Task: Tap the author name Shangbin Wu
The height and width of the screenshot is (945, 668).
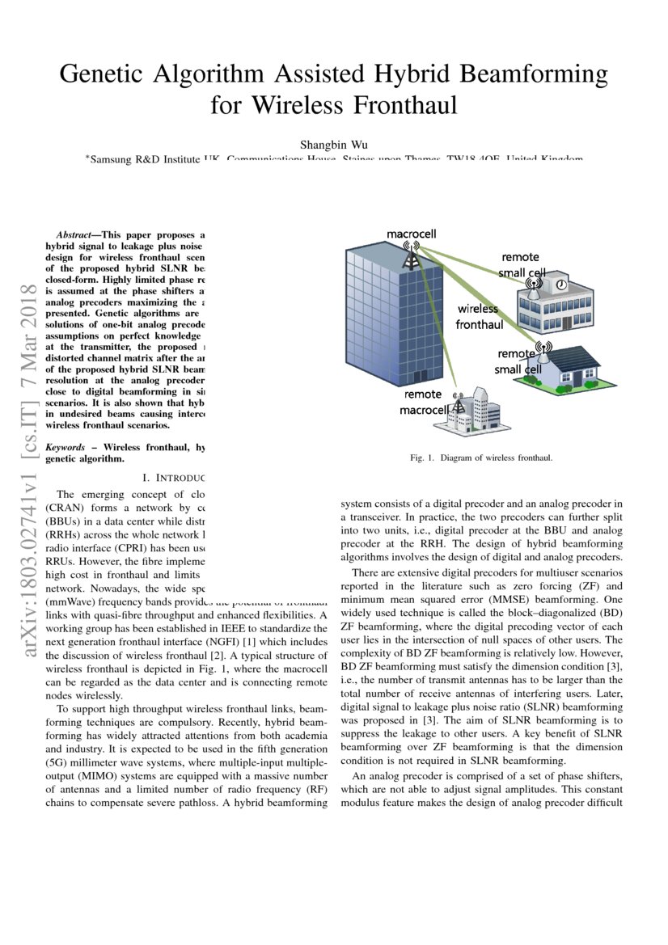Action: [x=333, y=145]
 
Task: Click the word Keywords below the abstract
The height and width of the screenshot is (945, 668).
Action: [x=66, y=446]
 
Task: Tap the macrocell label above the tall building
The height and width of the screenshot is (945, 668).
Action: [x=411, y=234]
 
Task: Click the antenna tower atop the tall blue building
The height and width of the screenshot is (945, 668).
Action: [x=412, y=257]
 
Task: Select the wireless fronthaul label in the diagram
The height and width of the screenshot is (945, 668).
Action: [x=478, y=316]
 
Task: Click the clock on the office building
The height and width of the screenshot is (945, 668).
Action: [x=559, y=285]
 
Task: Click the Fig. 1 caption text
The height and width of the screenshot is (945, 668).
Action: [x=481, y=458]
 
